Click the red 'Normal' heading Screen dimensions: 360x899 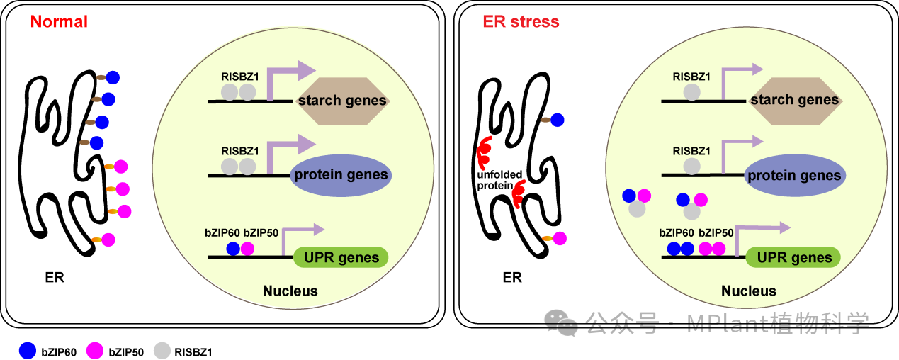(x=59, y=22)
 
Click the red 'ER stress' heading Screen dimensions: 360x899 (x=521, y=22)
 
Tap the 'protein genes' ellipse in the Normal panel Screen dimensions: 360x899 (x=342, y=175)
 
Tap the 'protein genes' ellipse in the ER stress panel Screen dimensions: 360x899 (x=793, y=176)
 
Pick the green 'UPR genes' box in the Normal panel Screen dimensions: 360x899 (x=341, y=257)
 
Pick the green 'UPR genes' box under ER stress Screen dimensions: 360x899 (x=793, y=257)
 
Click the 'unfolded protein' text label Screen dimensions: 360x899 (x=499, y=179)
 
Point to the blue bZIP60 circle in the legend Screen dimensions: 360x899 (x=27, y=350)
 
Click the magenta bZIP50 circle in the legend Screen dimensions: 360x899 (x=94, y=350)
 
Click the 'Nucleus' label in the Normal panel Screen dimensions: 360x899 (x=290, y=291)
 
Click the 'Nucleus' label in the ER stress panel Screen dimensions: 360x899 (x=749, y=291)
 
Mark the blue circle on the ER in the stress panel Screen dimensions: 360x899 (x=557, y=120)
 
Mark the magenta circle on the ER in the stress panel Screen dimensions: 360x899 (x=560, y=238)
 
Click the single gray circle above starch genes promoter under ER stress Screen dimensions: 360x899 (x=692, y=92)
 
